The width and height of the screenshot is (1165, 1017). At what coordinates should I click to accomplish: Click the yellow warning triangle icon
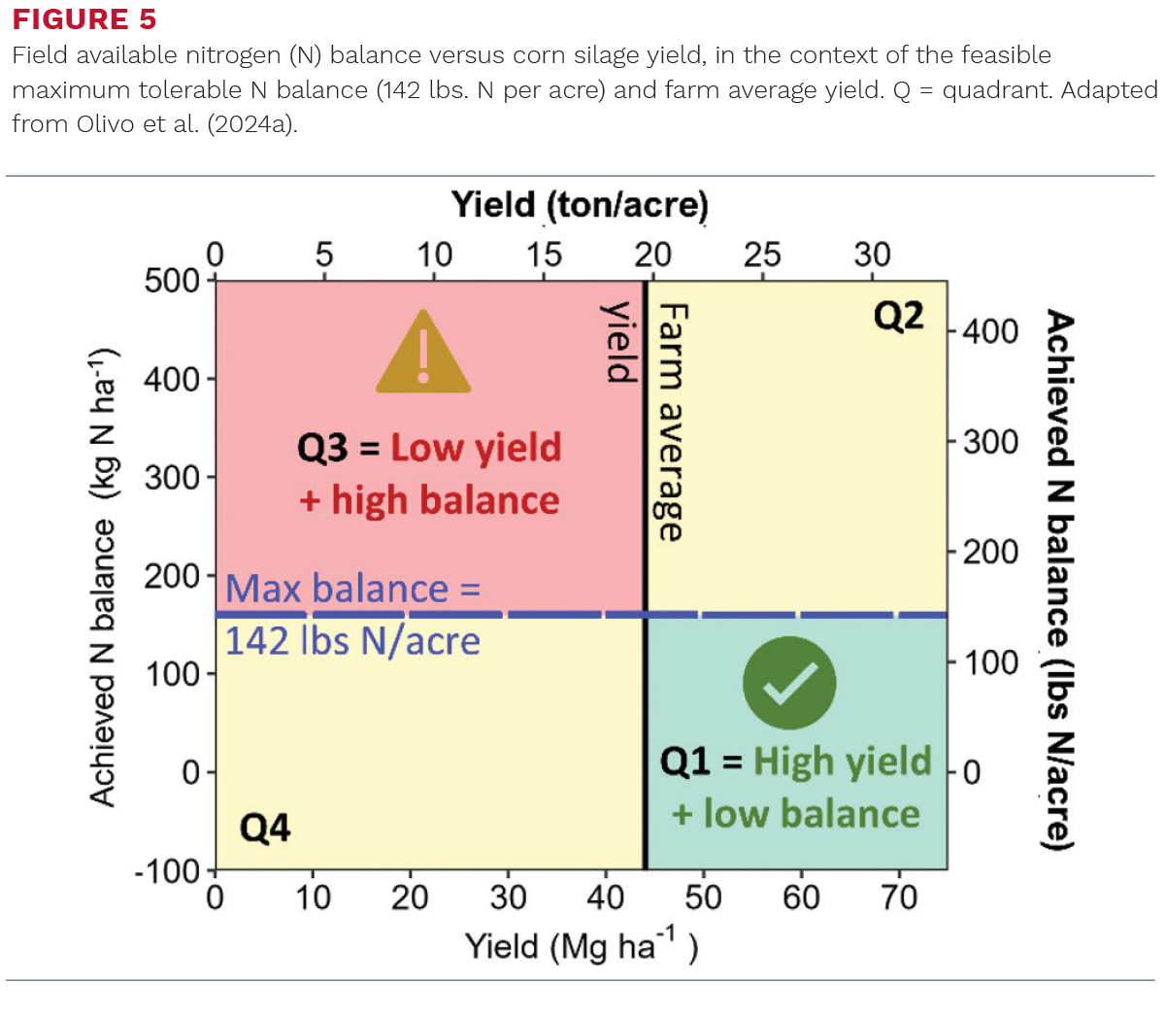pyautogui.click(x=422, y=352)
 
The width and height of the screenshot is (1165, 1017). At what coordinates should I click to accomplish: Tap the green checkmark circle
pyautogui.click(x=789, y=683)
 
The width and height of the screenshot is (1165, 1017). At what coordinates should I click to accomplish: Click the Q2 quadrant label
pyautogui.click(x=898, y=317)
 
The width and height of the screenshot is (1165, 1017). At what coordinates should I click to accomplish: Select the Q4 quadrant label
pyautogui.click(x=265, y=828)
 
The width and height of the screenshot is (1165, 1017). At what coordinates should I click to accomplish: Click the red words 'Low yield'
pyautogui.click(x=476, y=447)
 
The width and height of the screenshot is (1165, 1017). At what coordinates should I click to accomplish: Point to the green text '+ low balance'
pyautogui.click(x=795, y=813)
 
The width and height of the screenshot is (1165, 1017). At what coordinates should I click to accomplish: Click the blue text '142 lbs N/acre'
pyautogui.click(x=352, y=641)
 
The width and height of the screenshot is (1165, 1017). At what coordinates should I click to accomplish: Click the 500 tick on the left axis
pyautogui.click(x=172, y=281)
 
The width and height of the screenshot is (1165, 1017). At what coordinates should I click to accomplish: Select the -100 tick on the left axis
pyautogui.click(x=167, y=871)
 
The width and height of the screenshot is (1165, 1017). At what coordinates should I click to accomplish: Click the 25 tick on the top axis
pyautogui.click(x=762, y=254)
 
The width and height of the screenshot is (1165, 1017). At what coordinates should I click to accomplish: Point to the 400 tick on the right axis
pyautogui.click(x=990, y=331)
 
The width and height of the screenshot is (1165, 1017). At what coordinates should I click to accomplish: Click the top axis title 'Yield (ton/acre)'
pyautogui.click(x=580, y=205)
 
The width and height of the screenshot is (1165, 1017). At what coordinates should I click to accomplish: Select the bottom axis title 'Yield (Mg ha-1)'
pyautogui.click(x=582, y=946)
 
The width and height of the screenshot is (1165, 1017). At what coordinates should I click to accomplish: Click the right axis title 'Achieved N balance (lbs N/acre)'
pyautogui.click(x=1059, y=580)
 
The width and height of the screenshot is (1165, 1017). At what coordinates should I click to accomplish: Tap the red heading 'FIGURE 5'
pyautogui.click(x=84, y=18)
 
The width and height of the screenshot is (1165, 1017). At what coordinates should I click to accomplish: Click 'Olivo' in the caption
pyautogui.click(x=106, y=123)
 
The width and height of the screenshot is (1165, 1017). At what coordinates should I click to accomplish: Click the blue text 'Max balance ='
pyautogui.click(x=353, y=588)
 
